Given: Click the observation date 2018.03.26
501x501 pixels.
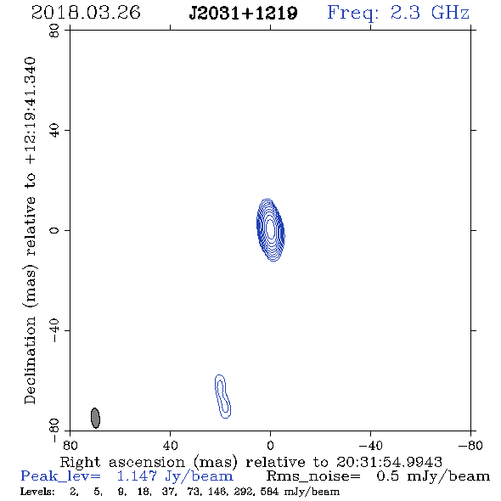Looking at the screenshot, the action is coord(86,13).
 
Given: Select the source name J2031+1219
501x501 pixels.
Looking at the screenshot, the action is coord(243,14).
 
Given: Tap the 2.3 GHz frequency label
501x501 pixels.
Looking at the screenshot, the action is coord(430,13).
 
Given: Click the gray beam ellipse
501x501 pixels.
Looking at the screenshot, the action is coord(95,418).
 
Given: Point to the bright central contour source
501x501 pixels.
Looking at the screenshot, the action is coord(271,230).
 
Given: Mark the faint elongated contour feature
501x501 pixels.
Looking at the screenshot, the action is coord(222,397).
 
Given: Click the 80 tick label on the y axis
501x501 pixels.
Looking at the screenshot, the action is coord(54,31).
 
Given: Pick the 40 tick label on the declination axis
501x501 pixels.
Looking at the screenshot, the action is coord(54,131).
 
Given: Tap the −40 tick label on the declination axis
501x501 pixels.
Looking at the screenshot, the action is coord(54,330).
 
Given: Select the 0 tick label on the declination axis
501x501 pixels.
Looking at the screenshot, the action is coord(54,230).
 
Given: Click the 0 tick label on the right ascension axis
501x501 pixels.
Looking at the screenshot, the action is coord(270,445).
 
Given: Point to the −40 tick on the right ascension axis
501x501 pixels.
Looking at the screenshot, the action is coord(370,445).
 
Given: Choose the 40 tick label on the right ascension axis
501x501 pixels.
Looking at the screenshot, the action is coord(170,445).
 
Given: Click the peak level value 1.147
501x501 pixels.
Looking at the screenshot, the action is coord(137,476).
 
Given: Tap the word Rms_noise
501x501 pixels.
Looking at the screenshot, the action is coord(313,476).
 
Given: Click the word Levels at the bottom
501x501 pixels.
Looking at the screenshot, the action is coord(37,492).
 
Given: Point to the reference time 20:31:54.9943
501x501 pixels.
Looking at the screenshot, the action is coord(389,462).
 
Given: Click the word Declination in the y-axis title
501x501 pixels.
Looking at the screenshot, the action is coord(30,360).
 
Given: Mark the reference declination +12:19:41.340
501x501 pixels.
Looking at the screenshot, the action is coord(30,111).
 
